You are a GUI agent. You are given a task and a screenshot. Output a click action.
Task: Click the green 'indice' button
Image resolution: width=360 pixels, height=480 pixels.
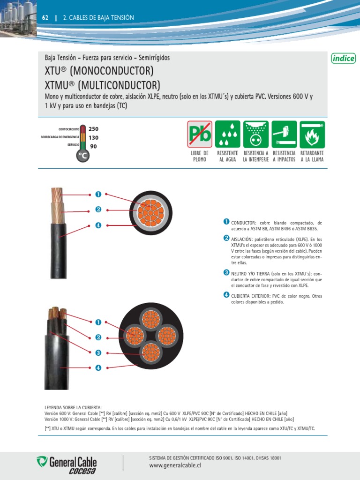(x=343, y=59)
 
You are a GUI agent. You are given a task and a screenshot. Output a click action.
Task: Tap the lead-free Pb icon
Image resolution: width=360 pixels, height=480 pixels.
(x=200, y=134)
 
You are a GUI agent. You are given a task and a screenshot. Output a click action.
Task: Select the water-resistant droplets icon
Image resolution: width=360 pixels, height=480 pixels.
(x=228, y=134)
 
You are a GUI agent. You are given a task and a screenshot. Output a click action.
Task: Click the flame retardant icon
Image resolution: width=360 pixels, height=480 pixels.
(x=312, y=134)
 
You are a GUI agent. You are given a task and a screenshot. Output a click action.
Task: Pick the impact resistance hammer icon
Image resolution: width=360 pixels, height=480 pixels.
(x=284, y=134)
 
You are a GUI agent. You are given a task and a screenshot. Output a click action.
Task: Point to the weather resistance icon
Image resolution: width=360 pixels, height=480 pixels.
(x=255, y=134)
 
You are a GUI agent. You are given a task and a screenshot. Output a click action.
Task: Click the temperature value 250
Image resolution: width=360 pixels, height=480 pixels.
(x=93, y=129)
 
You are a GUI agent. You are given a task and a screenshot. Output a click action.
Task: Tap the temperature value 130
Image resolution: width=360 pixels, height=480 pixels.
(x=93, y=138)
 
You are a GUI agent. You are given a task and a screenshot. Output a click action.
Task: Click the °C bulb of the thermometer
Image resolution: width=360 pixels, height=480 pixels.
(x=82, y=155)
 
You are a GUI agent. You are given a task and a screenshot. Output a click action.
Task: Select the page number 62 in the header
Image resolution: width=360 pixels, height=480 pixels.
(x=45, y=18)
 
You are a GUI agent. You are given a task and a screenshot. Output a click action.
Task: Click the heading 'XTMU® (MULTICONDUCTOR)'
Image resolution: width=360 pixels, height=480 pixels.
(x=102, y=85)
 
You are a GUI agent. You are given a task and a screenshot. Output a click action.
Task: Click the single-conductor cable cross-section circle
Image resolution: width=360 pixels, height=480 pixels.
(x=150, y=213)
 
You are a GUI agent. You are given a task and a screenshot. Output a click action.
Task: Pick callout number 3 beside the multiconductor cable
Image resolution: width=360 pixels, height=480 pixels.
(x=98, y=352)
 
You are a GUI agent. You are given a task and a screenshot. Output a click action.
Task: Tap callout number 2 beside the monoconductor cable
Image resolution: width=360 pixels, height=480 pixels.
(x=98, y=210)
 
